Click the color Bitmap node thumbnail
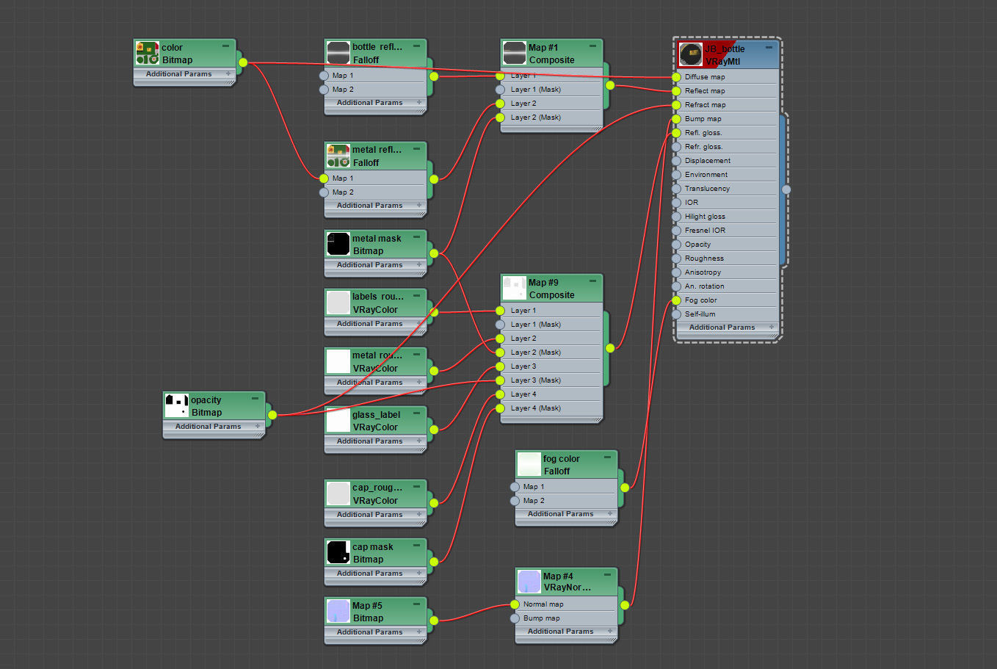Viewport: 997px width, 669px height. (147, 54)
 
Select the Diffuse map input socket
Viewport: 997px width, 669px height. (676, 77)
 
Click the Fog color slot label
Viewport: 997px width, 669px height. (700, 300)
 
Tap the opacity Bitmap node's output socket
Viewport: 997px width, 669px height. (272, 415)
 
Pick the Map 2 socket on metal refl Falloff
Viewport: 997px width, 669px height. (324, 192)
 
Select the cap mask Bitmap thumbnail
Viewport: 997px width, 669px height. (338, 553)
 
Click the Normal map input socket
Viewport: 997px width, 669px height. (515, 604)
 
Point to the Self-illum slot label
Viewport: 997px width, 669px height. (700, 314)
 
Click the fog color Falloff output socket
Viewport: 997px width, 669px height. (625, 487)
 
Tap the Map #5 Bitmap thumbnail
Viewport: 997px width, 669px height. (338, 612)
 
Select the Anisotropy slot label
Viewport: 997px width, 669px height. (703, 272)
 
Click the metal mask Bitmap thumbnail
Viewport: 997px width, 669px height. (338, 245)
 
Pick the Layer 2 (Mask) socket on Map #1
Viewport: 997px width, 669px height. (500, 117)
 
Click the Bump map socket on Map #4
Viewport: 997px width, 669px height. (515, 618)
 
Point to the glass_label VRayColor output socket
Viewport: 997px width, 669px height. (434, 430)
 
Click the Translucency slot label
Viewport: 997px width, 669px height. (707, 189)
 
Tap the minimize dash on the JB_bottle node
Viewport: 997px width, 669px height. (769, 47)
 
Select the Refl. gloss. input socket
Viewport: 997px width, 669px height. (676, 133)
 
